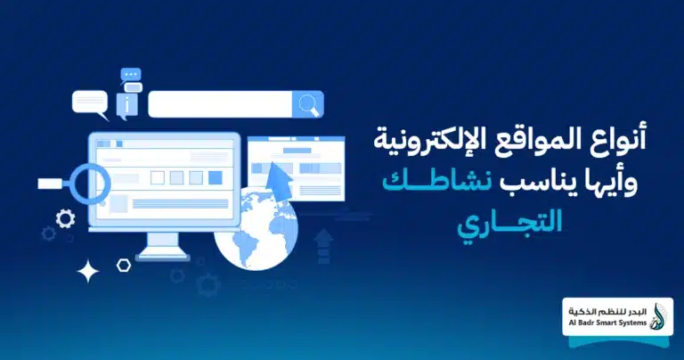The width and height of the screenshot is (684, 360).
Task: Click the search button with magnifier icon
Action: [x=308, y=104]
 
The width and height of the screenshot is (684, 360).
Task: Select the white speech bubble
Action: [x=90, y=102]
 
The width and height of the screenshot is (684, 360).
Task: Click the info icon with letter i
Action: [x=133, y=105]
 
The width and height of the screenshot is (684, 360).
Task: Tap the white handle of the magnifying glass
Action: [x=51, y=184]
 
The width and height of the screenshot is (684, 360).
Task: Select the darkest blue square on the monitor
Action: [x=215, y=177]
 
